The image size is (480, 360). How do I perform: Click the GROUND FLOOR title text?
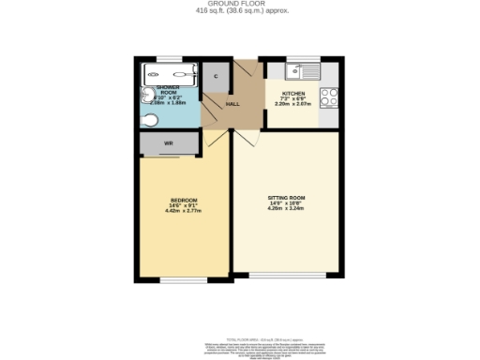click(x=240, y=4)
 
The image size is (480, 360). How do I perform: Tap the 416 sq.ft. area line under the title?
click(x=240, y=11)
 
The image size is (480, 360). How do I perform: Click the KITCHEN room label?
click(x=292, y=94)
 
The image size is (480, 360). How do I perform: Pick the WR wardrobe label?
click(x=168, y=143)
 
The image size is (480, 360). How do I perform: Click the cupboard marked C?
click(x=216, y=76)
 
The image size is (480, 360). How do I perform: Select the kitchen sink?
click(x=304, y=70)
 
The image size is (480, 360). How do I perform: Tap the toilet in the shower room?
click(x=151, y=119)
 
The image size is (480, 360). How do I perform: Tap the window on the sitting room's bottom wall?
click(x=287, y=276)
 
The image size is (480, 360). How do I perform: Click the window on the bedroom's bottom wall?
click(x=183, y=278)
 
